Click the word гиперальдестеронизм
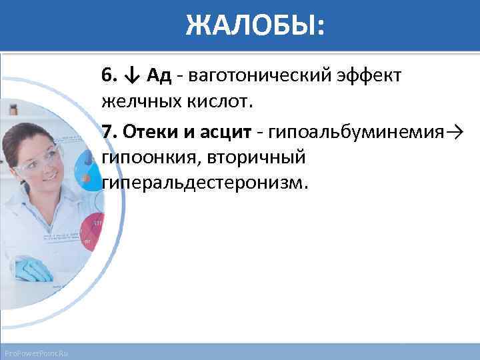click(x=206, y=183)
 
